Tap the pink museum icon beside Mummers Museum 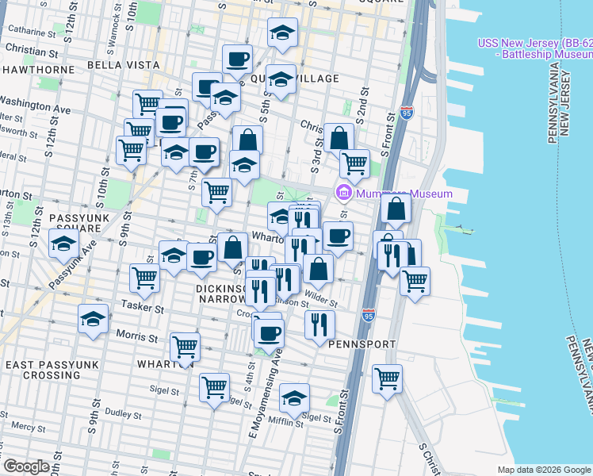click(x=343, y=193)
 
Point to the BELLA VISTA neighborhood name click(x=118, y=64)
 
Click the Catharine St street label click(x=31, y=33)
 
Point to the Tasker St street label click(x=141, y=306)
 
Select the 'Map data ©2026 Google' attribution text click(x=544, y=470)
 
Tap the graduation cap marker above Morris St click(x=94, y=319)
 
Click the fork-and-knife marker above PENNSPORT click(x=319, y=323)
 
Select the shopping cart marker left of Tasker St click(x=144, y=277)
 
